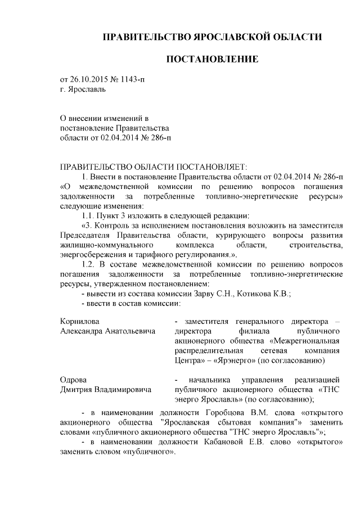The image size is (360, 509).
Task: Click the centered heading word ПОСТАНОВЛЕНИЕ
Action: (211, 59)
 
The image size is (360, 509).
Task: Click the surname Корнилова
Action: (80, 321)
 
